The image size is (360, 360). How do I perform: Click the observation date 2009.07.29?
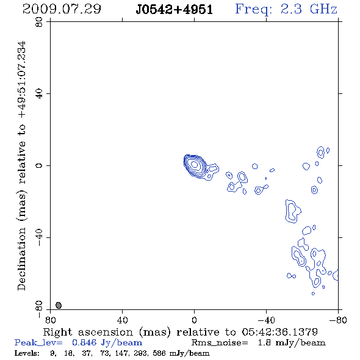62,9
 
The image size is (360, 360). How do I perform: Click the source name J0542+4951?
175,10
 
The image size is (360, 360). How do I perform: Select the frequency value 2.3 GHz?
309,9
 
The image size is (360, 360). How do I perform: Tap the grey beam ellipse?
59,305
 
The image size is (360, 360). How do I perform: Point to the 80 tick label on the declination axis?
39,22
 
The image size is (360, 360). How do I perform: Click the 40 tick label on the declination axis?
39,94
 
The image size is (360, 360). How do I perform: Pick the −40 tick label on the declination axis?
39,237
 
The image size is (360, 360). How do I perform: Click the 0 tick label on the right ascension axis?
194,320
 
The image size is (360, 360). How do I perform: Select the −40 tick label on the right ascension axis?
266,320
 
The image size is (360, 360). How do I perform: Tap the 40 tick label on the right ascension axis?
123,320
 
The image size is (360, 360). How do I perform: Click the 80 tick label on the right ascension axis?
50,320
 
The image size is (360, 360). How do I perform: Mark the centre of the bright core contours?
194,164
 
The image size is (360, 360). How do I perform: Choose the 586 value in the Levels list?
159,353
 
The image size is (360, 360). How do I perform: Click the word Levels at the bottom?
27,353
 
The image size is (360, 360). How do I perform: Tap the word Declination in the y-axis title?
21,259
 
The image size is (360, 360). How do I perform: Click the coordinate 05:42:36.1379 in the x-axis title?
280,332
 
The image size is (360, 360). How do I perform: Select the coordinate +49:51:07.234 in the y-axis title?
21,80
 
